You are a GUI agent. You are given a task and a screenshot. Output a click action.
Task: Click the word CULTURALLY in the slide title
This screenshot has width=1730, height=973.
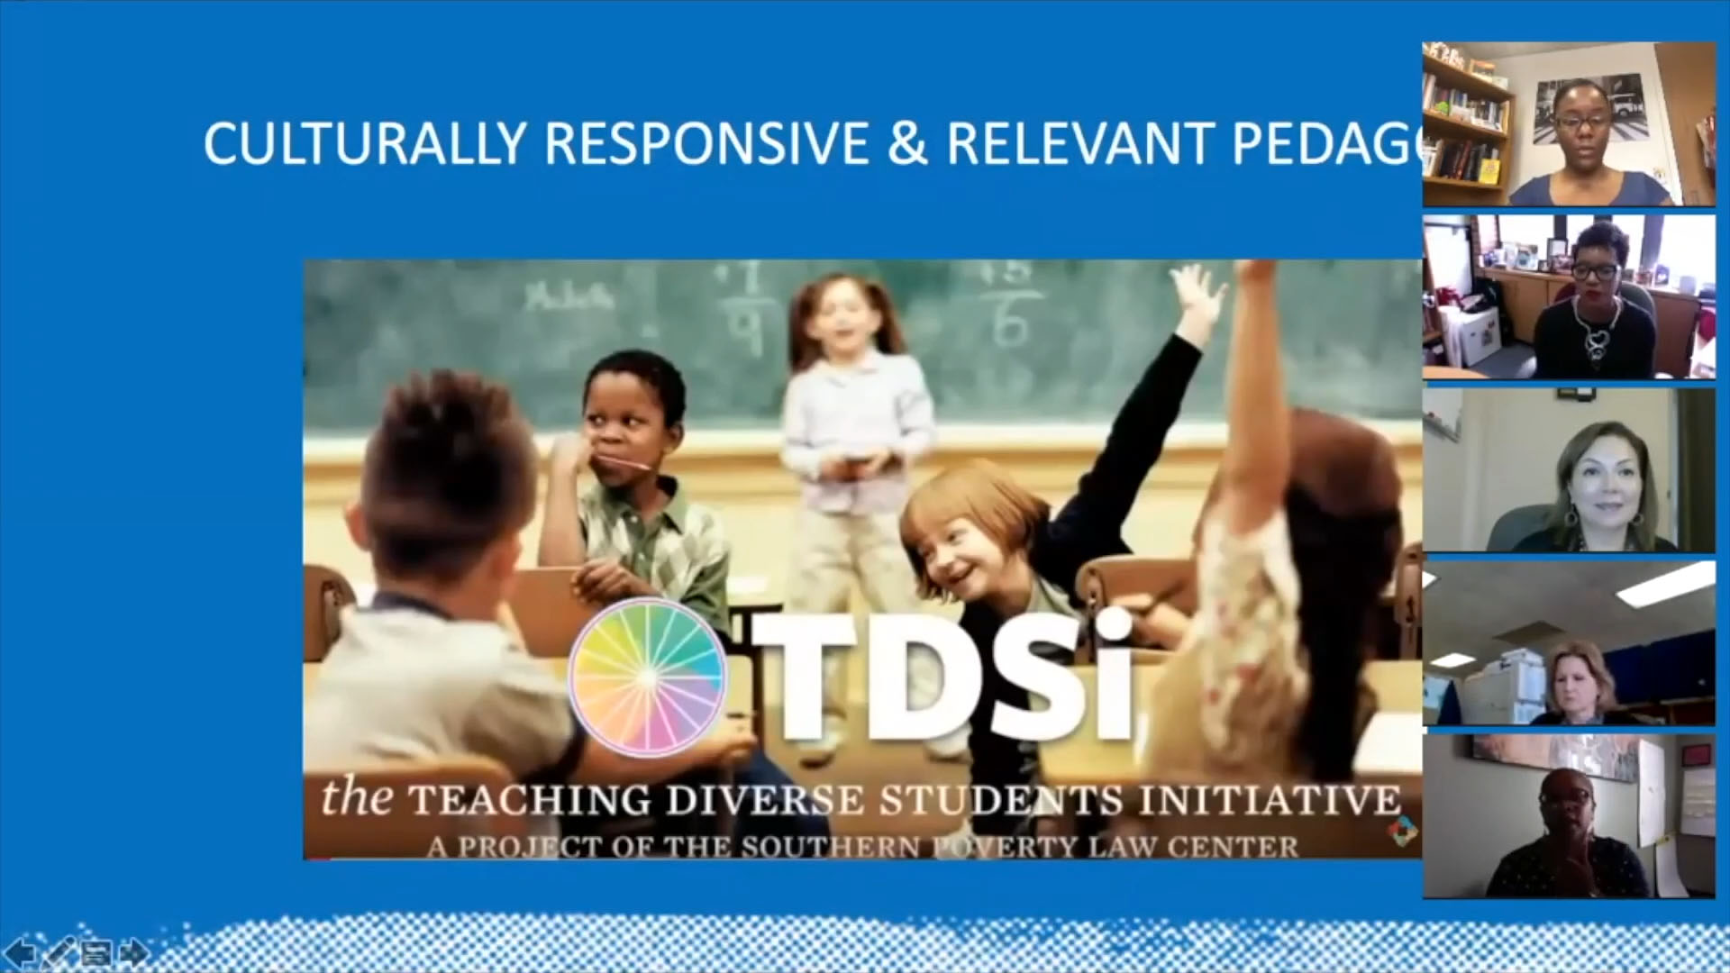coord(364,143)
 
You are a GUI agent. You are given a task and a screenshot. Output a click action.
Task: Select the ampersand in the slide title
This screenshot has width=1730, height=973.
coord(906,143)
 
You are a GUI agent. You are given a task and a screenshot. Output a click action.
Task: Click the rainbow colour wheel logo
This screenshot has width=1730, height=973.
coord(647,676)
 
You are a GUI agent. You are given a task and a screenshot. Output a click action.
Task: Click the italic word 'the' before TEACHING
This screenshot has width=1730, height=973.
coord(356,798)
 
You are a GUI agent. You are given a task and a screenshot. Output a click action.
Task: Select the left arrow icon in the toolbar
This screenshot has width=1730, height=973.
coord(20,951)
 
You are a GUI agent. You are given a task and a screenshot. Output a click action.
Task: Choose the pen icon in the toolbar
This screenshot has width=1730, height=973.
coord(58,951)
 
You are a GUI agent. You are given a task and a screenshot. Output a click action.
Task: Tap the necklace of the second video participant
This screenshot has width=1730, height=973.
coord(1596,338)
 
